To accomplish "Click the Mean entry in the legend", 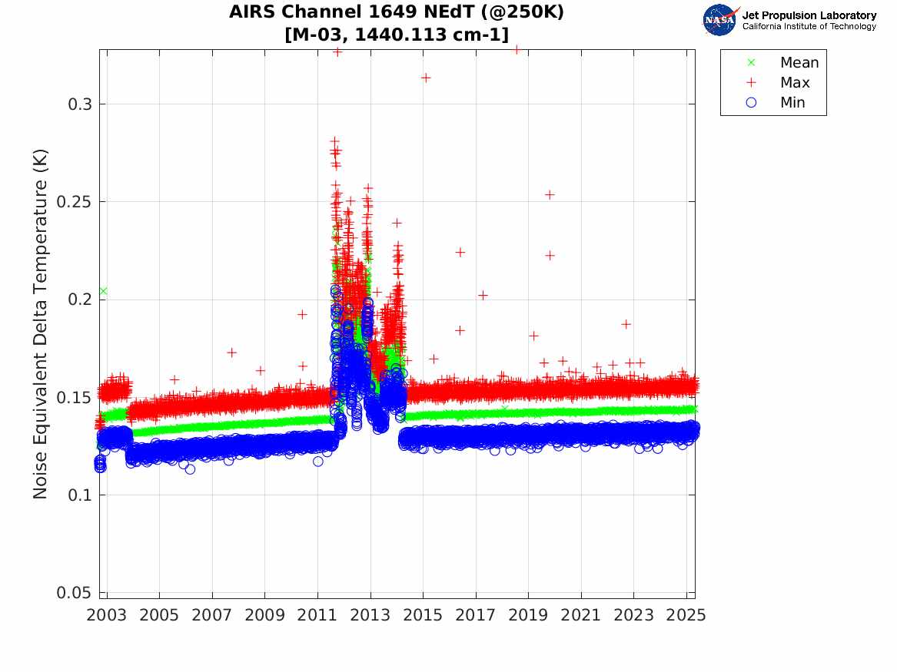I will pos(799,63).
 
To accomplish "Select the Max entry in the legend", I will pos(795,83).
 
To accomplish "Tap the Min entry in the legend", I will pos(792,103).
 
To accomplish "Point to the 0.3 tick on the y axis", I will pos(81,104).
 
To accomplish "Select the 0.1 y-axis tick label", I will pos(81,495).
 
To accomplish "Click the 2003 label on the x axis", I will pos(107,615).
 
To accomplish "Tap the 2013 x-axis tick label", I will pos(370,615).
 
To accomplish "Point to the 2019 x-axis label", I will pos(528,615).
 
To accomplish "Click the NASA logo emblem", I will pos(720,20).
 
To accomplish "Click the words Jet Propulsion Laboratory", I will pos(809,15).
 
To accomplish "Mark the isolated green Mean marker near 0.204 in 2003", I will pos(103,291).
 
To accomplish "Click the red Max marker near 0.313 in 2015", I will pos(425,78).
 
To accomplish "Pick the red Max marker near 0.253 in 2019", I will pos(550,195).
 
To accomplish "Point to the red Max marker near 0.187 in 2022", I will pos(626,324).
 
